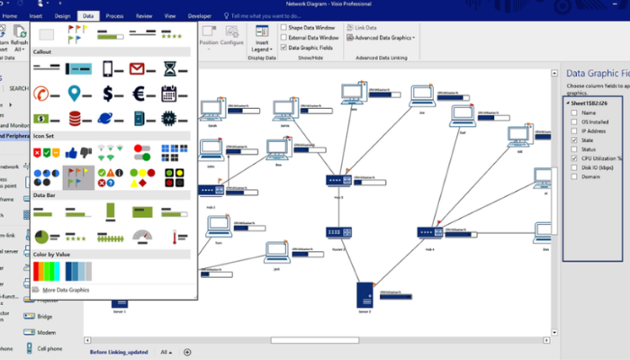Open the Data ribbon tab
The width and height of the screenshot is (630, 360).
[87, 16]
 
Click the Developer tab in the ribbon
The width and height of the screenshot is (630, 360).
[200, 16]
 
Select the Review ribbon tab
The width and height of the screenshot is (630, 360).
[143, 16]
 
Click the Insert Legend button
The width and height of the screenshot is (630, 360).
[262, 41]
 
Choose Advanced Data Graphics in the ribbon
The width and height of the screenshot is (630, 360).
[383, 38]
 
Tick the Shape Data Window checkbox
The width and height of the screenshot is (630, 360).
[283, 27]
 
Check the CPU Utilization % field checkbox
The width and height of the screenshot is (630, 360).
[575, 158]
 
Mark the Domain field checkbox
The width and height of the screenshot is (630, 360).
[575, 177]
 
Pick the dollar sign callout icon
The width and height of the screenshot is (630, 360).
[108, 93]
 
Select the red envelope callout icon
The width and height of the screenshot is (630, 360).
[137, 68]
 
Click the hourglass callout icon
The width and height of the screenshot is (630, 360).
[168, 68]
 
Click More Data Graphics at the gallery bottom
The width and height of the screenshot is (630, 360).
[66, 290]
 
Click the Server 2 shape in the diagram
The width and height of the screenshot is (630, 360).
[364, 294]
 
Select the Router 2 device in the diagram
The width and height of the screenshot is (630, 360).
[337, 233]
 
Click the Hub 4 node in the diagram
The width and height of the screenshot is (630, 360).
[429, 232]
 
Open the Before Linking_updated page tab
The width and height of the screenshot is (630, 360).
[120, 351]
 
